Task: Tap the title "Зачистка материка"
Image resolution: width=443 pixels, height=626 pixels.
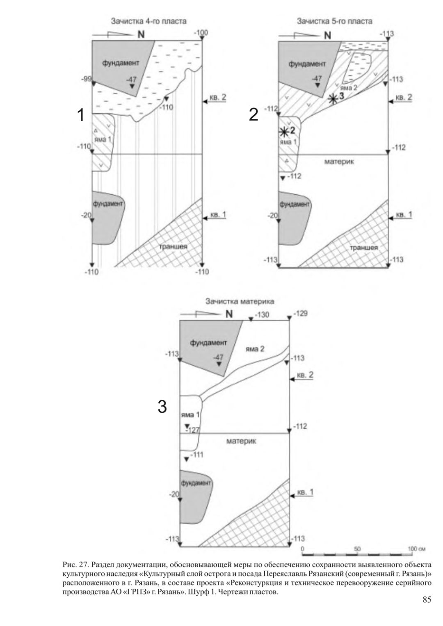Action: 240,301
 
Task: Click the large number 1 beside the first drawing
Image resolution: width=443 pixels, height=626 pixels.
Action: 81,115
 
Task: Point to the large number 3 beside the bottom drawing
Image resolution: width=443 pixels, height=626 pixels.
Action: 162,407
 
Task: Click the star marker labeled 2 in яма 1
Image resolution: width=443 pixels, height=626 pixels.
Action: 283,132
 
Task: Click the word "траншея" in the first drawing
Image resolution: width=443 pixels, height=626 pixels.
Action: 174,247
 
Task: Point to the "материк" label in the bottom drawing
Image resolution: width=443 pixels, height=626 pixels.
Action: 241,441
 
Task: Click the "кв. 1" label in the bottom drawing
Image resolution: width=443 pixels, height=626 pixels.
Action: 305,493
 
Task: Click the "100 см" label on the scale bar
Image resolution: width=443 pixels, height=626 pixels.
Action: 416,549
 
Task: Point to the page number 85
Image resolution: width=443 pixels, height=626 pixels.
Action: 427,600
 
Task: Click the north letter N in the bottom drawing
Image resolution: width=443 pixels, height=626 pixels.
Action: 229,314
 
